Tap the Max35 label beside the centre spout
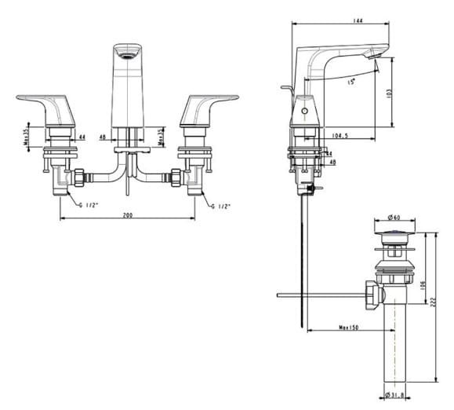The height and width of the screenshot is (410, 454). pos(163,137)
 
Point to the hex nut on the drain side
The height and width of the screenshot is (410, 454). pos(375,295)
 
